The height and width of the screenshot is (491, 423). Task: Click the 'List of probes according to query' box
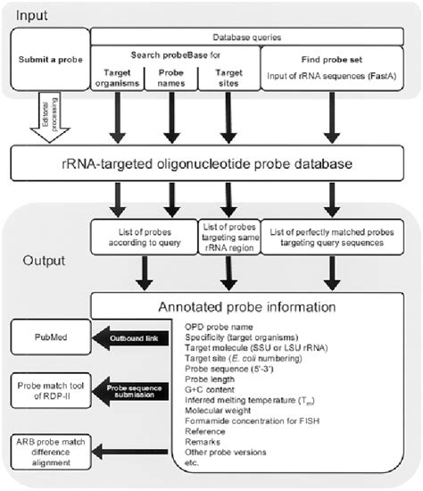145,234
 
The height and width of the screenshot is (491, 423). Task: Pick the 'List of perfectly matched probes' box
335,234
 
